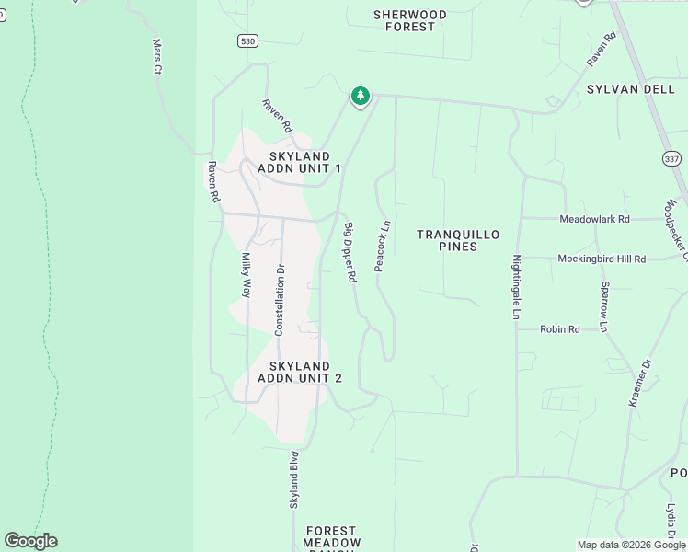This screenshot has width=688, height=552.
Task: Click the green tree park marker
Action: tap(361, 96)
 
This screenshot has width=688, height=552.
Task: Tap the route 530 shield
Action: tap(247, 40)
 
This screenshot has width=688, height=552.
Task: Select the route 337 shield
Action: tap(671, 158)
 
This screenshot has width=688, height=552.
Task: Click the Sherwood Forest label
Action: tap(410, 20)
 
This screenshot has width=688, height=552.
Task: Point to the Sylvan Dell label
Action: tap(625, 88)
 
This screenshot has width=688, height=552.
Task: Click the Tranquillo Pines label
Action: tap(458, 240)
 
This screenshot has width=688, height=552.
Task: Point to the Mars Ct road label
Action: tap(156, 56)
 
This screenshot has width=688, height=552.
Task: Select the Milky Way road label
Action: tap(246, 275)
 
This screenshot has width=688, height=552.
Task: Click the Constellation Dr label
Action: tap(281, 299)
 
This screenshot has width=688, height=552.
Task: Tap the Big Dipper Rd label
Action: tap(350, 252)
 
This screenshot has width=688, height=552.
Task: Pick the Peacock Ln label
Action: tap(384, 245)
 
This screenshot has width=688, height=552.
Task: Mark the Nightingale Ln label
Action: tap(517, 287)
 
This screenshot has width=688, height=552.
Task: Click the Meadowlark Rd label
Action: tap(595, 219)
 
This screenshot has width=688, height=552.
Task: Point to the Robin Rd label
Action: tap(559, 328)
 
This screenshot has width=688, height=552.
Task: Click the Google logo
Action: tap(30, 541)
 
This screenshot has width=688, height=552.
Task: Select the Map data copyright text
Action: tap(631, 545)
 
